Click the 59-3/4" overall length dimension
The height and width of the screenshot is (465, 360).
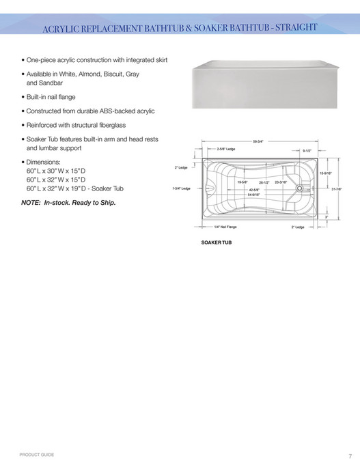point(259,141)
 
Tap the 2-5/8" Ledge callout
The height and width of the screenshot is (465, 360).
point(226,148)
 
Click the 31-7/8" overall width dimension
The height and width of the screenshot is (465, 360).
point(337,189)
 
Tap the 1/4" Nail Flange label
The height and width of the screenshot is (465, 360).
point(225,227)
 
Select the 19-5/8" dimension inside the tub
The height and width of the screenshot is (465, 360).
point(243,182)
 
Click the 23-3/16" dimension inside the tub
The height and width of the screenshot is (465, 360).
point(281,182)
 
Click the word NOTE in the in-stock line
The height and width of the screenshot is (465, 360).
point(31,202)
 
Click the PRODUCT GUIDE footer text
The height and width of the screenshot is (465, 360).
point(37,454)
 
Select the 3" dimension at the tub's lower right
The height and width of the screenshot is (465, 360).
point(327,216)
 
